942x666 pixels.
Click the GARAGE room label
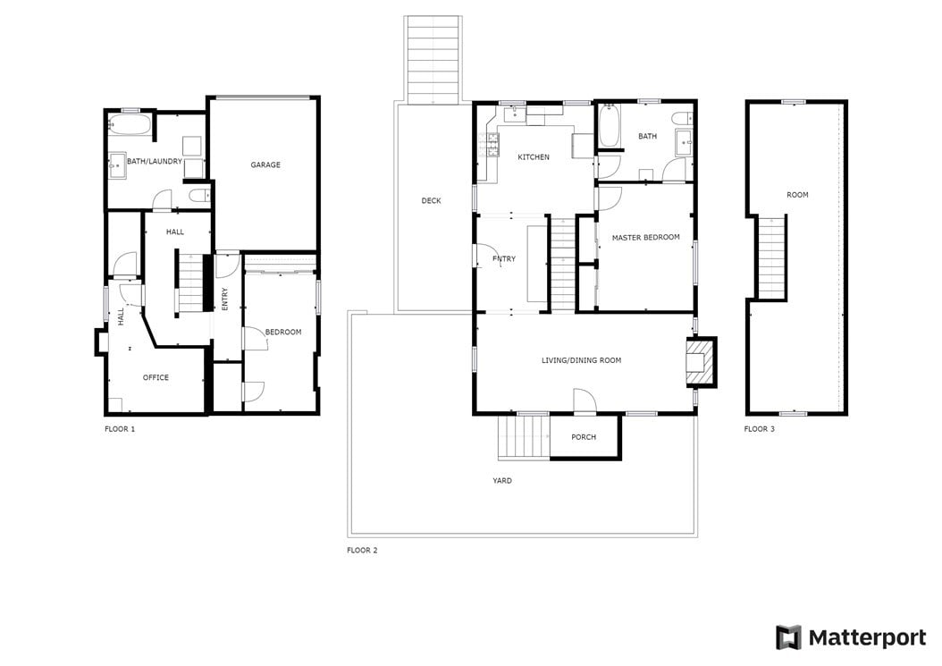tap(265, 164)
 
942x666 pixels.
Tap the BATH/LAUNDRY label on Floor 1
tap(155, 161)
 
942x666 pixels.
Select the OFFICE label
tap(156, 377)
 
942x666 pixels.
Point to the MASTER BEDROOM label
tap(646, 238)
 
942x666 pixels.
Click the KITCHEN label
tap(534, 156)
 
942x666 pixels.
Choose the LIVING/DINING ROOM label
tap(582, 360)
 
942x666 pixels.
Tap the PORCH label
tap(584, 437)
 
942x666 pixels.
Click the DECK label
tap(432, 201)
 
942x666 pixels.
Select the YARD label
tap(502, 480)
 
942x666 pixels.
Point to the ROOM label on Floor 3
tap(797, 195)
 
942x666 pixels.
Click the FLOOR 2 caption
tap(362, 550)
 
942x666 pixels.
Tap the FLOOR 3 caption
tap(760, 429)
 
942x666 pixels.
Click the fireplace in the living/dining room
tap(701, 361)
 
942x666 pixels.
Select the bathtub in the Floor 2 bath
tap(608, 126)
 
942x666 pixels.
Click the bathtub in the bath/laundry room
tap(130, 126)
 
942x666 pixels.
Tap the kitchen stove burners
tap(492, 144)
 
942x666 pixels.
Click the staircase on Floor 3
tap(770, 257)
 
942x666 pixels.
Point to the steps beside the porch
tap(524, 437)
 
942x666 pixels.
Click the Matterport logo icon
tap(788, 637)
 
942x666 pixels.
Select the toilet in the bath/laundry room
tap(198, 196)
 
